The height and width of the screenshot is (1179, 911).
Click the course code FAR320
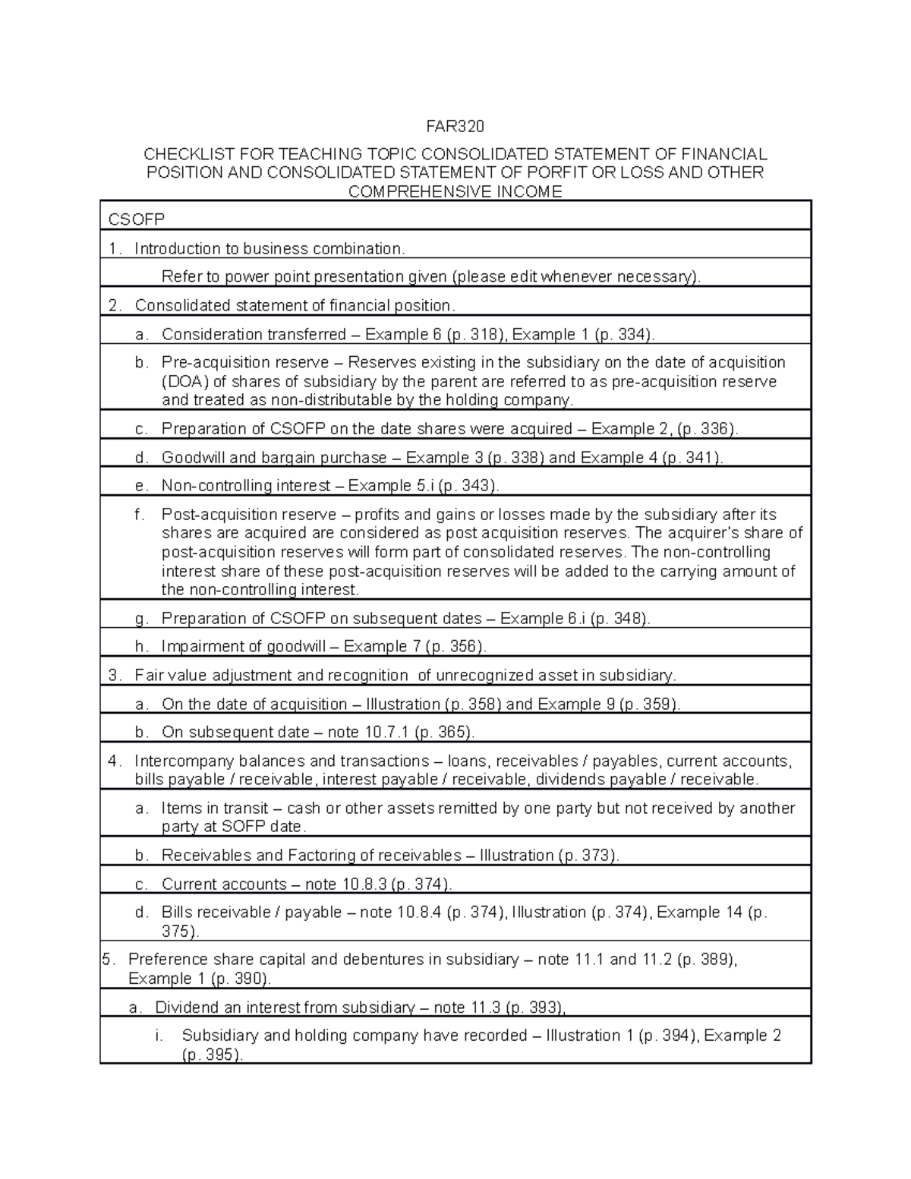[455, 125]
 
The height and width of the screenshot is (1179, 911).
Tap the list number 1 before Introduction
[113, 249]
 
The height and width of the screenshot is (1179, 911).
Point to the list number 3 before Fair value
[113, 676]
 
